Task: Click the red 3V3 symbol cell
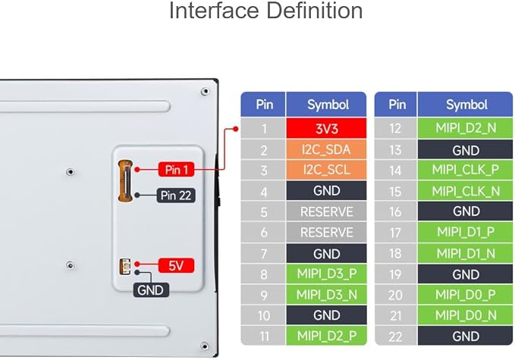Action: [326, 128]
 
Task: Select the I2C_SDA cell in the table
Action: [326, 149]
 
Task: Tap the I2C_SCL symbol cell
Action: [326, 170]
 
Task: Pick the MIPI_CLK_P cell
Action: [465, 170]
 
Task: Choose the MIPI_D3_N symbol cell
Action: [326, 295]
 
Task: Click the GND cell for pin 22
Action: [465, 336]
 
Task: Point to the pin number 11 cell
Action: [263, 336]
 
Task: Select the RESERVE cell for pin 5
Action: [326, 211]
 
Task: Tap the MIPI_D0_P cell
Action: [465, 295]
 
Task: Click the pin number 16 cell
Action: [396, 211]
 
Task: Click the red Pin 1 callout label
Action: [177, 170]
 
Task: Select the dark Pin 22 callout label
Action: [176, 196]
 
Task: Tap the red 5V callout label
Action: [176, 265]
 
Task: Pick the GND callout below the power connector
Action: [151, 290]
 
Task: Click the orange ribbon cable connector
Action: [125, 181]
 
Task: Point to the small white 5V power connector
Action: [125, 267]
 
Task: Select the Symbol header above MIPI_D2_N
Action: [465, 105]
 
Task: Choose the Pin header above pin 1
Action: [263, 105]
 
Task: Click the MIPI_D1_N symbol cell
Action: [465, 253]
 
